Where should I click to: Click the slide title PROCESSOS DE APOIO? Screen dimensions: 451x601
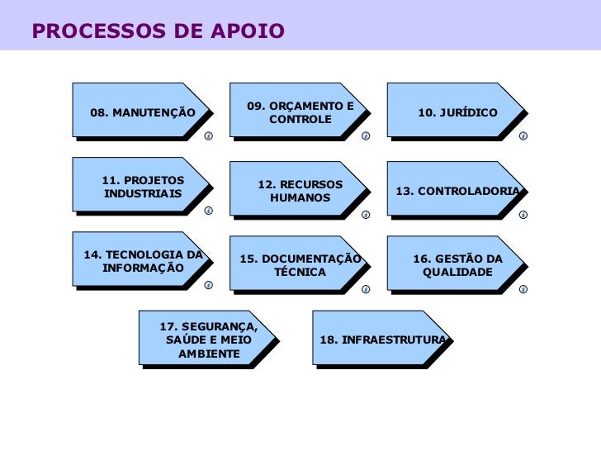tap(159, 31)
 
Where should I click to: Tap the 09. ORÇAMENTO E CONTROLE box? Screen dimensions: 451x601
tap(300, 112)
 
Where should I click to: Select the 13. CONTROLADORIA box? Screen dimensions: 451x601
tap(457, 191)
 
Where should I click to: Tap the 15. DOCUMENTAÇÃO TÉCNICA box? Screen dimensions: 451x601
tap(300, 265)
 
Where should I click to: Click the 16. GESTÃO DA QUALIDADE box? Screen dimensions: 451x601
tap(457, 265)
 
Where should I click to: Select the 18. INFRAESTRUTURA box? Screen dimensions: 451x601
tap(382, 339)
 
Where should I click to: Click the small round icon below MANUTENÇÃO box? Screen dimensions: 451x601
tap(208, 135)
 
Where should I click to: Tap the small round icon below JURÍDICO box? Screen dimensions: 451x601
tap(523, 135)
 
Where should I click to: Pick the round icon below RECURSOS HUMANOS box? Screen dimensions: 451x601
tap(366, 215)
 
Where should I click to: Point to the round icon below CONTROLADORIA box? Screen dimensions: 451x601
tap(523, 215)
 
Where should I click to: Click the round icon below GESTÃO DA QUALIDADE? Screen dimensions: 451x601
tap(523, 289)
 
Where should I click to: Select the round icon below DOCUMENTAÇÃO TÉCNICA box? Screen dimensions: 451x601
tap(366, 289)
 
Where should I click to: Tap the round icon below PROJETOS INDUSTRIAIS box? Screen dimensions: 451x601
tap(208, 211)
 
